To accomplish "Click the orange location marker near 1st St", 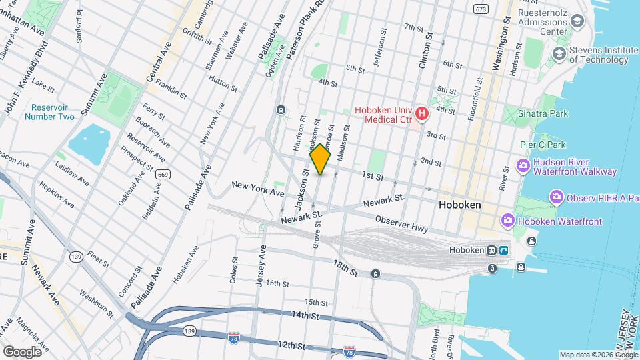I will (320, 159).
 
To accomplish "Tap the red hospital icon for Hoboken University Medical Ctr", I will (421, 115).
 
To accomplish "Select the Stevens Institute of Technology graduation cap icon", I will (559, 53).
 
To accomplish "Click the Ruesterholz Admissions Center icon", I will (577, 21).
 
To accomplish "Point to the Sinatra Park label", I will (543, 113).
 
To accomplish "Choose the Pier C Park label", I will (543, 145).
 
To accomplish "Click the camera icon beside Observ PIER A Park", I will (555, 197).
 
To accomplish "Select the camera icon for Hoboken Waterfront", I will (508, 221).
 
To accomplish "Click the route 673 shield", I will (481, 9).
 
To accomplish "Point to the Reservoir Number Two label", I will (50, 112).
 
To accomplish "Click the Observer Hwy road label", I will (401, 223).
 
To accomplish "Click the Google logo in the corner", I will (21, 351).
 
